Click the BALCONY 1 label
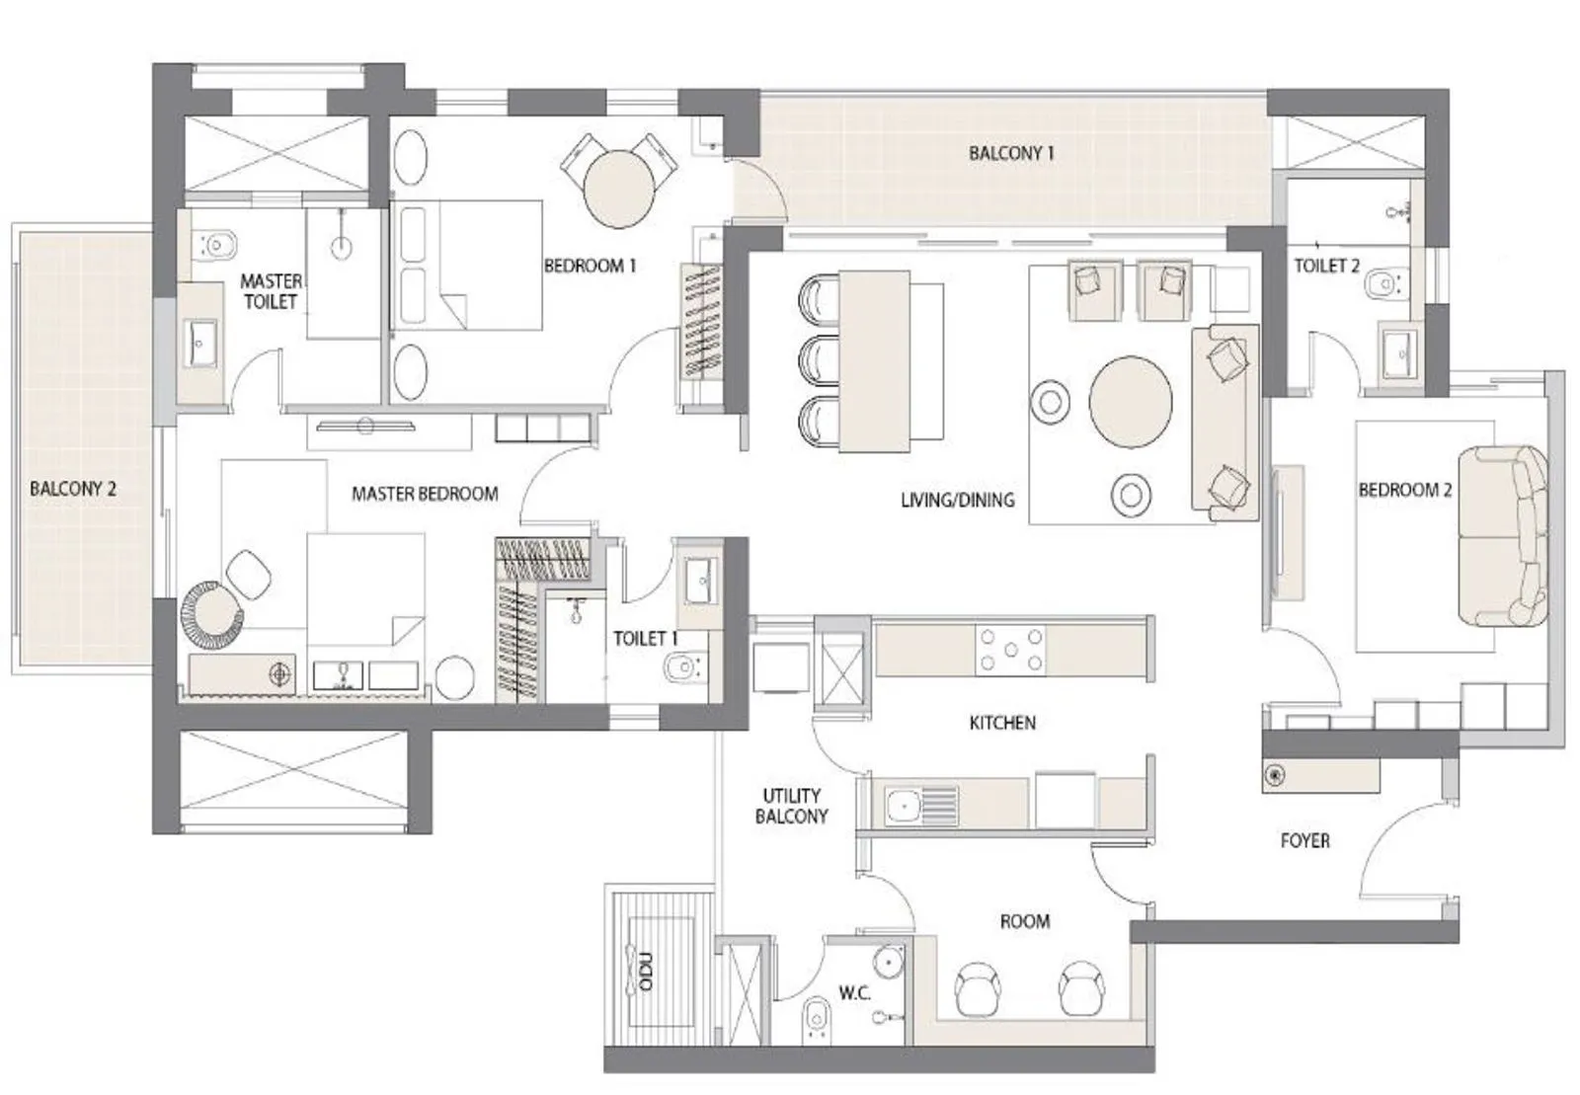coord(1011,153)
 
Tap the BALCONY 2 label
coord(72,489)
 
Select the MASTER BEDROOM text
coord(425,494)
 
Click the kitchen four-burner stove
coord(1010,650)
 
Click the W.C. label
coord(854,993)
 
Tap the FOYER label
coord(1304,840)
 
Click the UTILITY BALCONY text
coord(791,806)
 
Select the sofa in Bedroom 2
coord(1502,536)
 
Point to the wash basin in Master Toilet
coord(201,344)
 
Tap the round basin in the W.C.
coord(888,961)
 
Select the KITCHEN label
coord(1002,723)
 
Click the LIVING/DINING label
coord(957,501)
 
